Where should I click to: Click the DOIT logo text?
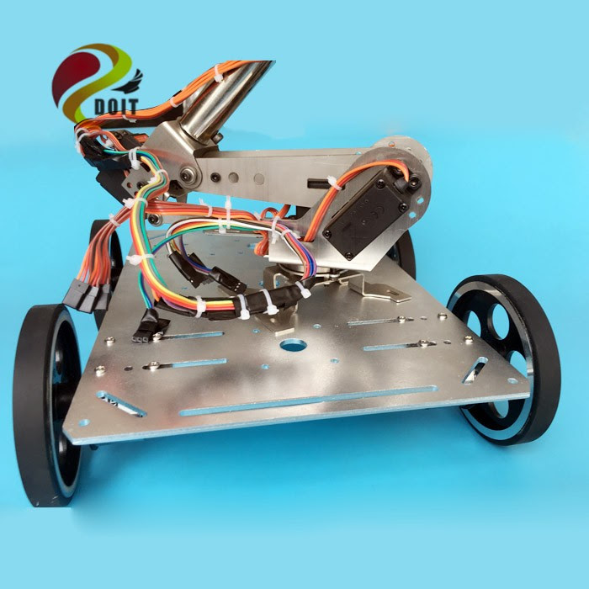point(116,107)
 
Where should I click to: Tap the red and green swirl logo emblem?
point(91,82)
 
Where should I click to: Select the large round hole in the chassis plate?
point(293,345)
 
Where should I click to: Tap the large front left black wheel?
point(47,405)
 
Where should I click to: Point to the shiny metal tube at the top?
point(220,101)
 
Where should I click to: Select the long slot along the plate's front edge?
point(309,400)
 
